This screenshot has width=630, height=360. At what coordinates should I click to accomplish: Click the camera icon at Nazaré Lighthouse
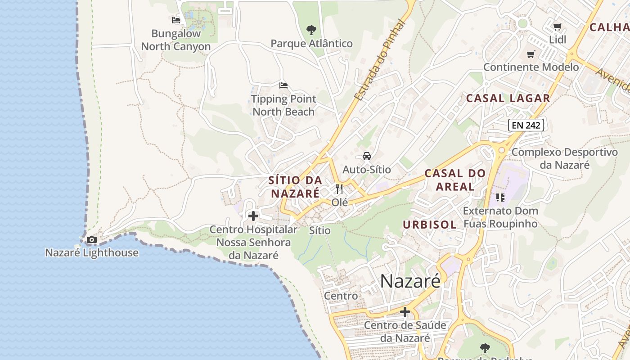click(92, 240)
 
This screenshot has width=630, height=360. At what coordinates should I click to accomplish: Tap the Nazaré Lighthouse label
click(92, 252)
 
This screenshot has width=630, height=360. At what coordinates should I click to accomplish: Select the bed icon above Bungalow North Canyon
click(176, 20)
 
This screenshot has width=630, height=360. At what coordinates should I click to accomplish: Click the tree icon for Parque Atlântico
click(311, 31)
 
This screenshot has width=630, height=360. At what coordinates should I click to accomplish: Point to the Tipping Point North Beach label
click(283, 105)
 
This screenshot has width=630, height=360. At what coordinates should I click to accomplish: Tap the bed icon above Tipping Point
click(283, 85)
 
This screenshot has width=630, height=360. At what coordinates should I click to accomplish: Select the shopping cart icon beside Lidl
click(557, 27)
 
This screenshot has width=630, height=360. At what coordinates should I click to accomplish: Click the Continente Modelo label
click(531, 67)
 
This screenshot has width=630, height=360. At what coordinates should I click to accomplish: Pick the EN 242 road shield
click(526, 125)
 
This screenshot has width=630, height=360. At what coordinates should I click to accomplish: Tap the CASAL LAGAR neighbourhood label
click(508, 98)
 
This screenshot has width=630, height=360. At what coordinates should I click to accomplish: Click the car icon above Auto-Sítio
click(367, 156)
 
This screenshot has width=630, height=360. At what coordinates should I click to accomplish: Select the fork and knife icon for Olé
click(339, 189)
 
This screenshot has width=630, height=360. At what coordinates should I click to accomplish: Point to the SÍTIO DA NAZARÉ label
click(295, 187)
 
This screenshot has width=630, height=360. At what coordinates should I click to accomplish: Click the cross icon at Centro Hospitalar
click(253, 216)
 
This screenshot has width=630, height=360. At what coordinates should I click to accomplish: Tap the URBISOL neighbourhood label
click(430, 225)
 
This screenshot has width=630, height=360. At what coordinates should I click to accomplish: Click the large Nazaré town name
click(410, 281)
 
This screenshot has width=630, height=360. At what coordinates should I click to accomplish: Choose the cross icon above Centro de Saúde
click(405, 311)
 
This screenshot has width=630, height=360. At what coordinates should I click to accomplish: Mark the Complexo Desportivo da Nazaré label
click(565, 158)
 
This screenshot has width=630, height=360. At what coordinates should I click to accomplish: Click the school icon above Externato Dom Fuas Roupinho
click(500, 197)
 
